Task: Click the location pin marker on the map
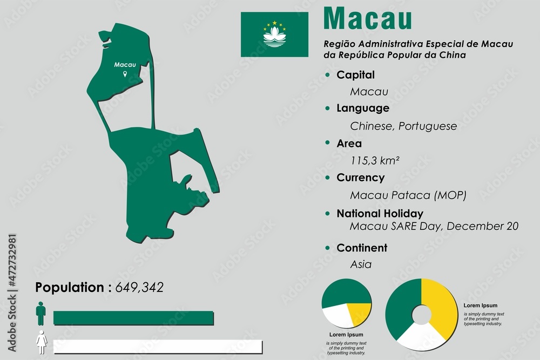coord(125,73)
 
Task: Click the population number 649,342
coord(139,287)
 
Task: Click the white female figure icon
coord(41,342)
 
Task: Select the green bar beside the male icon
coord(134,318)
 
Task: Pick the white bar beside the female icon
coord(158,347)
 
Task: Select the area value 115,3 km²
coord(375,160)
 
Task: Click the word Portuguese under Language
coord(428,126)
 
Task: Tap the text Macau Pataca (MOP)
coord(408,195)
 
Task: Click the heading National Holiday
coord(380,213)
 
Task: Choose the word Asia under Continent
coord(361,264)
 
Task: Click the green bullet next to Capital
coord(327,75)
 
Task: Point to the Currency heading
coord(360,178)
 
